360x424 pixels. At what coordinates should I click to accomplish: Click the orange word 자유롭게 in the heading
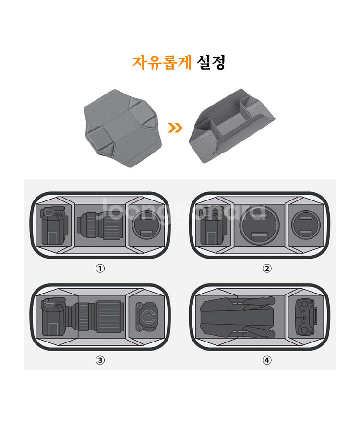pyautogui.click(x=162, y=62)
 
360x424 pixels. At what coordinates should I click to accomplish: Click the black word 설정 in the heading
pyautogui.click(x=211, y=62)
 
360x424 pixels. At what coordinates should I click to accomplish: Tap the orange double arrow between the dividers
pyautogui.click(x=176, y=128)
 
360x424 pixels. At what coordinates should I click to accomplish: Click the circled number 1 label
pyautogui.click(x=100, y=269)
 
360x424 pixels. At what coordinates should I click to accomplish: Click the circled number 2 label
pyautogui.click(x=267, y=269)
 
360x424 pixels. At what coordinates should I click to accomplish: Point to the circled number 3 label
pyautogui.click(x=100, y=360)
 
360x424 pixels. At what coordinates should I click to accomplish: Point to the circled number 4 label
pyautogui.click(x=267, y=360)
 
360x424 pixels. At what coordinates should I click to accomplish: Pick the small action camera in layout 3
pyautogui.click(x=147, y=316)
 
